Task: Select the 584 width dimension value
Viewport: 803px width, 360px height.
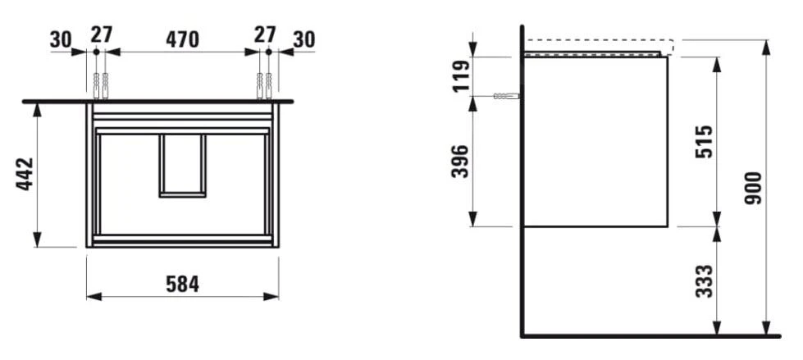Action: pyautogui.click(x=181, y=283)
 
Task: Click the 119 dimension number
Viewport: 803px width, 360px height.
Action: pyautogui.click(x=461, y=75)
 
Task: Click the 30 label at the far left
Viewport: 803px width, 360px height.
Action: pyautogui.click(x=61, y=39)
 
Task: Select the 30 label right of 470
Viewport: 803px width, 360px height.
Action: pyautogui.click(x=303, y=39)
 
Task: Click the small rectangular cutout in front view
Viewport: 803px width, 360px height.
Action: pyautogui.click(x=182, y=166)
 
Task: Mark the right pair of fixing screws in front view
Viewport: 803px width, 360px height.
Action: pyautogui.click(x=264, y=83)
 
